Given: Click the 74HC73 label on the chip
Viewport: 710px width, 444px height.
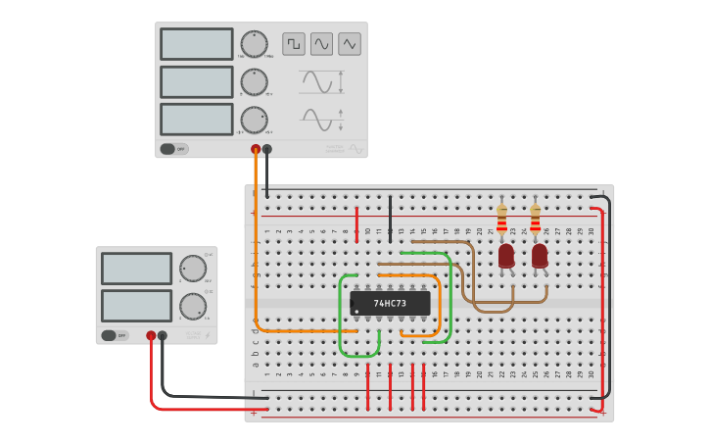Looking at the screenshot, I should (391, 303).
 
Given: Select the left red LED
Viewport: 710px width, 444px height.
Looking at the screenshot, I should (506, 256).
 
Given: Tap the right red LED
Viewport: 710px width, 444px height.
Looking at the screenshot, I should (540, 256).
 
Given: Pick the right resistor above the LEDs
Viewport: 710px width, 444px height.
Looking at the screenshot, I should (536, 222).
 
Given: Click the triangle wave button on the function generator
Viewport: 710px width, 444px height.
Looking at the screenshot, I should (350, 44).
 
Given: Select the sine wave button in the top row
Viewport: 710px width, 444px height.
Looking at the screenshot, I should (321, 44).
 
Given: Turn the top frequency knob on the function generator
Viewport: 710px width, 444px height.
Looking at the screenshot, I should (254, 44).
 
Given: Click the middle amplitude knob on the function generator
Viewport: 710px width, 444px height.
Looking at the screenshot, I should (254, 82).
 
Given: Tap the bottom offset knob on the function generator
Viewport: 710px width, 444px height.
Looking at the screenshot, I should (254, 120).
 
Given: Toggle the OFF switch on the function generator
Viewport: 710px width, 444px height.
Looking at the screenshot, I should (173, 149).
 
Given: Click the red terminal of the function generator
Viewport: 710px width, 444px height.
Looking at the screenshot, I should (256, 149).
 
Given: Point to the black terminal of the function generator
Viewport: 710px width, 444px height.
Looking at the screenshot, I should (267, 149).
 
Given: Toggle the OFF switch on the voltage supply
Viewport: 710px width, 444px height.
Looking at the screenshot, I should (115, 335).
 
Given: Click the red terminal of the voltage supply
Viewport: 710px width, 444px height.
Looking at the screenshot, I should (151, 335).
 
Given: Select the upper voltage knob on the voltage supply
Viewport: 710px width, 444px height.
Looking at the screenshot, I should (193, 269).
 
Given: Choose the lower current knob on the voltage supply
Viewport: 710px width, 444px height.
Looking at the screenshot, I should (193, 306).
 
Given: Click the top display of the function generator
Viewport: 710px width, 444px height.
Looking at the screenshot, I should (197, 44).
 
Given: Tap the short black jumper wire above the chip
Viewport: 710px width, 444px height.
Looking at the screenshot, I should (391, 218).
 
